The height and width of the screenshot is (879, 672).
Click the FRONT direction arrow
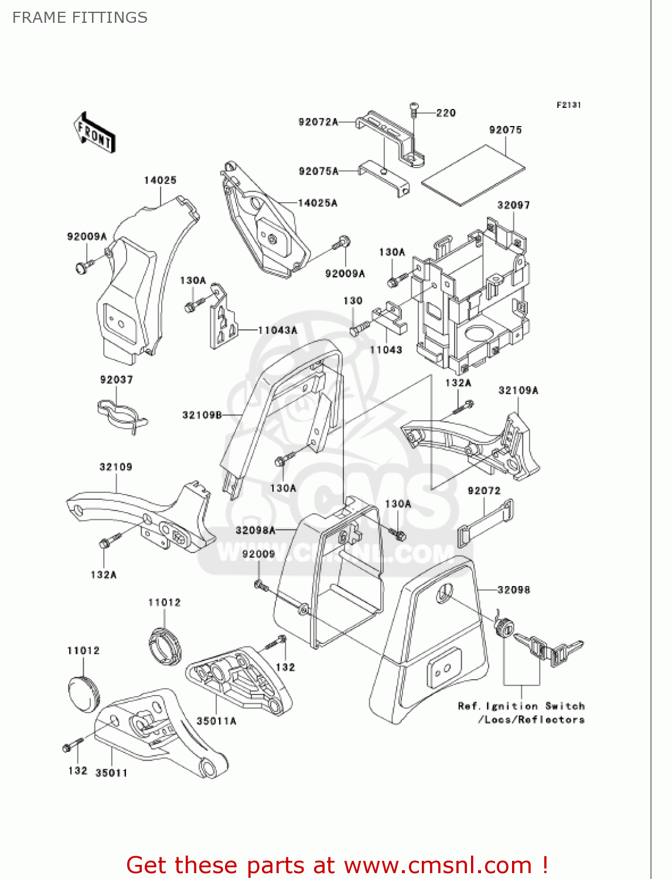[x=94, y=133]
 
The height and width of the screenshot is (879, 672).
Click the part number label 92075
[x=505, y=130]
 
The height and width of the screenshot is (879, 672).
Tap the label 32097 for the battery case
[x=513, y=205]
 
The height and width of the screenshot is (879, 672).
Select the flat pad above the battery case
[x=473, y=176]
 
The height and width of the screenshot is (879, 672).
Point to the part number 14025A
[x=318, y=203]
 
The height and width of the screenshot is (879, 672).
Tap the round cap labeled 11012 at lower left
[x=84, y=693]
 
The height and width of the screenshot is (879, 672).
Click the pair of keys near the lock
[x=550, y=649]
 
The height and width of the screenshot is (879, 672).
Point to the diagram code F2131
[x=568, y=105]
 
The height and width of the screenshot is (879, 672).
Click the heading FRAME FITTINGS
[x=80, y=18]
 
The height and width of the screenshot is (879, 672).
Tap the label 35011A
[x=216, y=721]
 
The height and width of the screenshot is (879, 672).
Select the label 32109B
[x=202, y=415]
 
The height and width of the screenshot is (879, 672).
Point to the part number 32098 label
[x=513, y=590]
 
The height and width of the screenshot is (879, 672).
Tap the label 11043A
[x=277, y=331]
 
